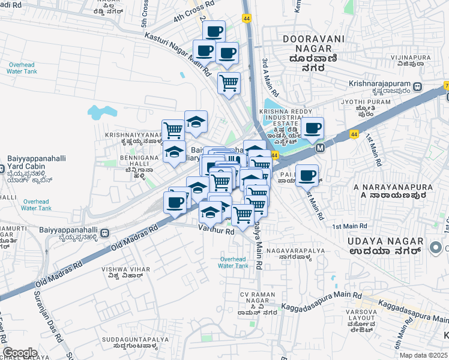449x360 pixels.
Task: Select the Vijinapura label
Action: (x=411, y=58)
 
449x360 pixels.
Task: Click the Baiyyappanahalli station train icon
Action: (x=106, y=233)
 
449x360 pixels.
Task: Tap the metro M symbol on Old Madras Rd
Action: (x=320, y=148)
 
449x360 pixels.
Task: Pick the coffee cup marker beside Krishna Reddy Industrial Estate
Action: (x=312, y=128)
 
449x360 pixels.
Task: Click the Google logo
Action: (x=20, y=353)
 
